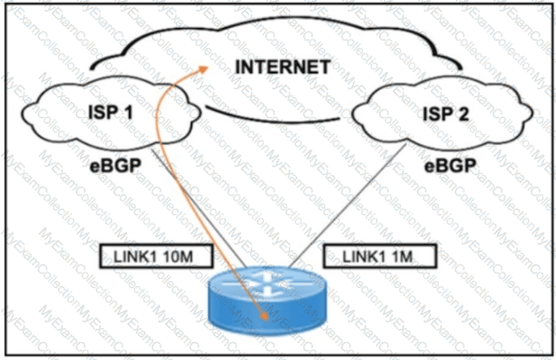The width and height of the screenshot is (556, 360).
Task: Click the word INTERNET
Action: tap(283, 67)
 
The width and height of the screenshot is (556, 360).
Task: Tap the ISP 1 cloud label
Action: tap(112, 114)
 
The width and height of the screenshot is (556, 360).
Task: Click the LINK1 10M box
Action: tap(152, 256)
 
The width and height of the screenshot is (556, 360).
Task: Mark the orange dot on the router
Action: tap(266, 317)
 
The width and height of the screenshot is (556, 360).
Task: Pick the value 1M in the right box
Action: tap(399, 256)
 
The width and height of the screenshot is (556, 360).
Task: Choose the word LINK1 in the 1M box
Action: tap(359, 256)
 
